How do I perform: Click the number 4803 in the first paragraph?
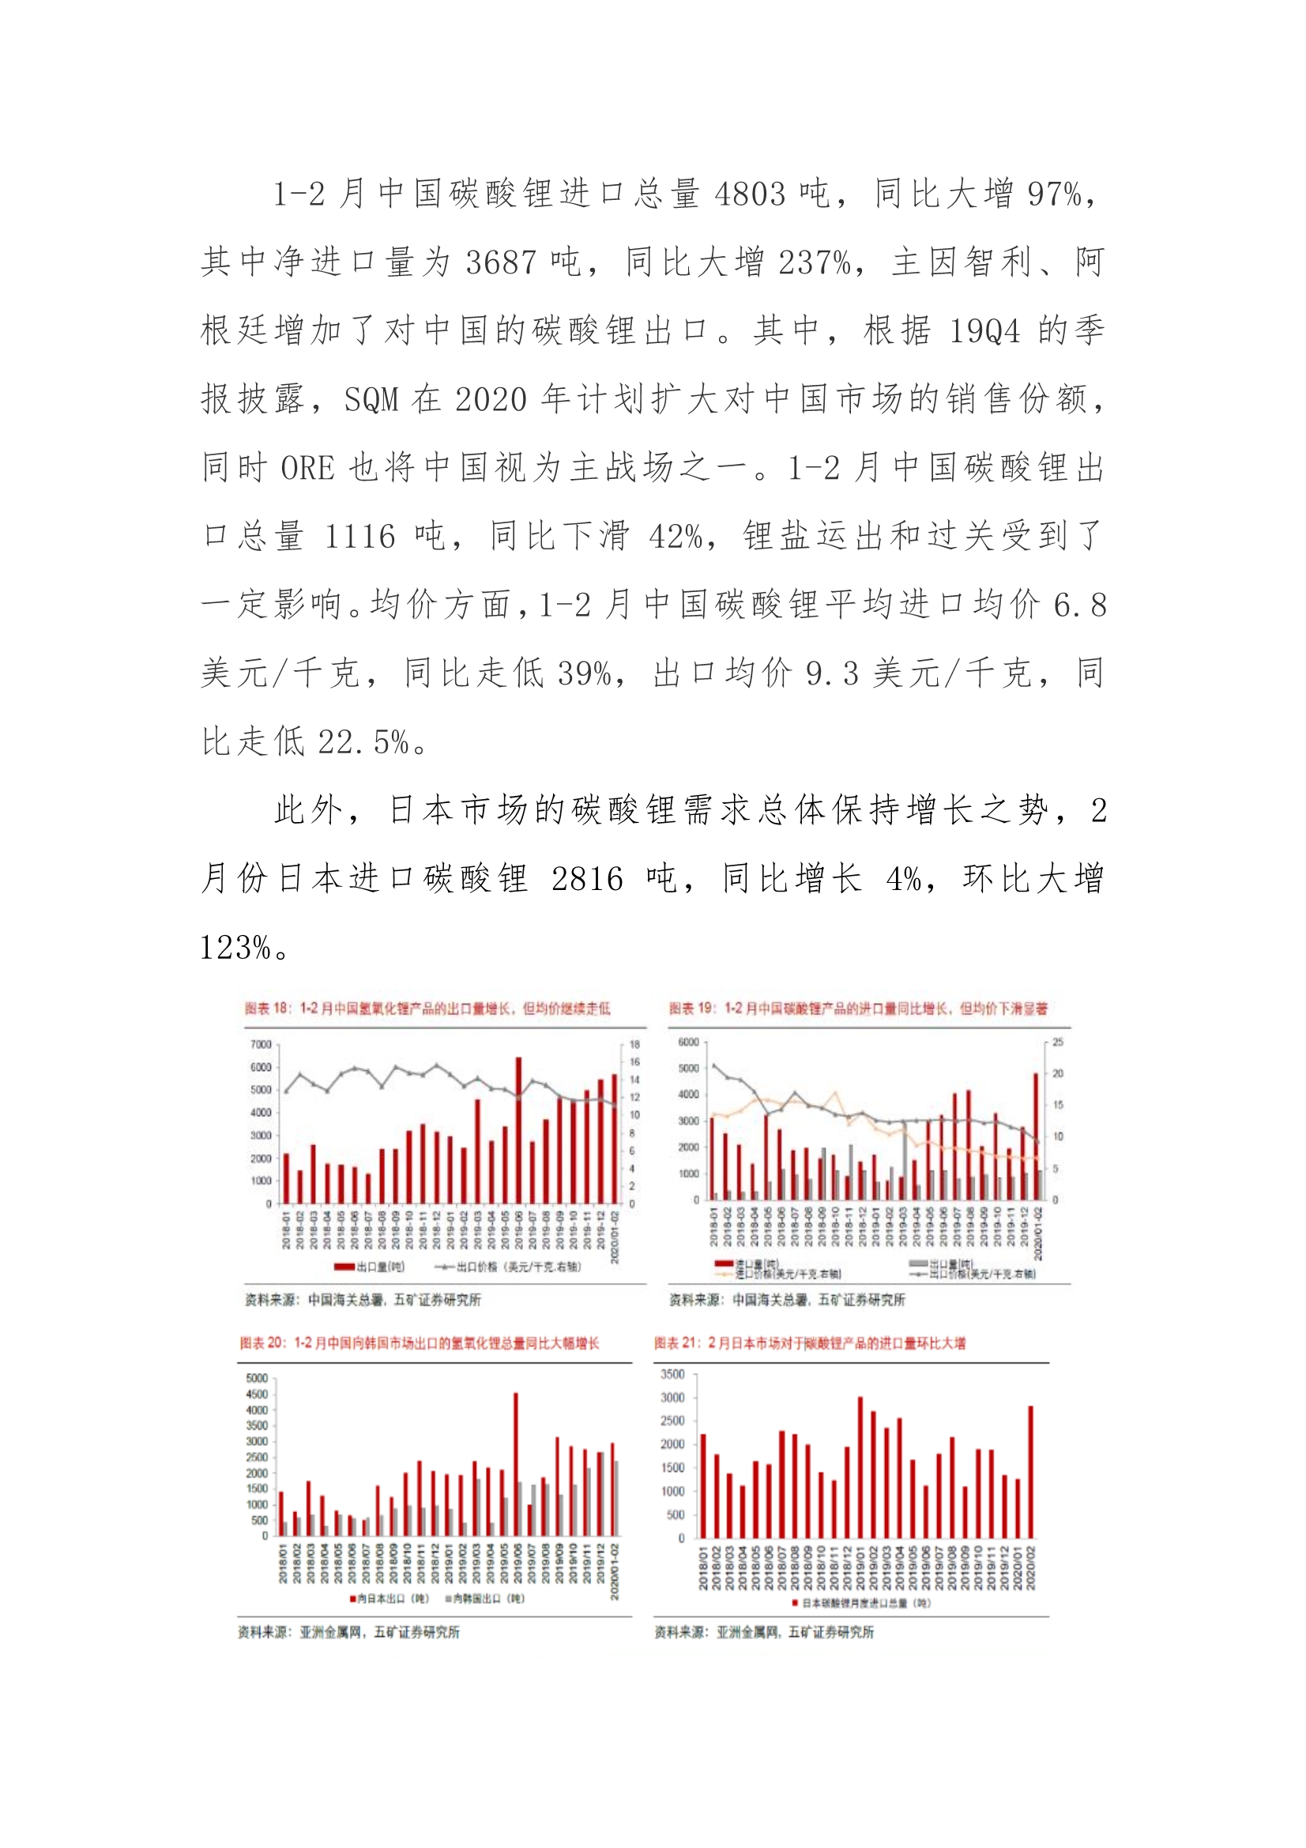(x=750, y=194)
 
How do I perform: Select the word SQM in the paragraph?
(x=371, y=400)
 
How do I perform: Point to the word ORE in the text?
(x=307, y=469)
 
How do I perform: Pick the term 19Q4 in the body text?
(x=984, y=331)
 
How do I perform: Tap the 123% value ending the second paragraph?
(x=235, y=948)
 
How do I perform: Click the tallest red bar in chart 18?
(x=518, y=1130)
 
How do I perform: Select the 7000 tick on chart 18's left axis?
(x=261, y=1045)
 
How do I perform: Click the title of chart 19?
(x=857, y=1009)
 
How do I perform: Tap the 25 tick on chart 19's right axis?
(x=1057, y=1043)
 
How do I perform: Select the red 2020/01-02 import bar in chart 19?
(x=1036, y=1137)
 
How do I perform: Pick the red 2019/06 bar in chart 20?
(x=516, y=1464)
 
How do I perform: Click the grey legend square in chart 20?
(x=448, y=1597)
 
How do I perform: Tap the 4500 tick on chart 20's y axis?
(x=257, y=1394)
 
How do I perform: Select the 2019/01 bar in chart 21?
(x=860, y=1466)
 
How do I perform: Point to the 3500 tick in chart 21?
(x=672, y=1375)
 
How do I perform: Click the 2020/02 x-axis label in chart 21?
(x=1032, y=1567)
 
